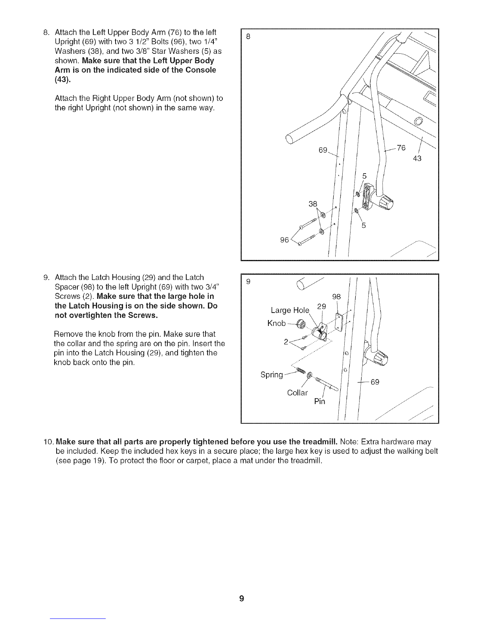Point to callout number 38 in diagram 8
pos(313,204)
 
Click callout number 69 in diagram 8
pos(323,150)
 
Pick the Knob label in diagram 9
pos(276,323)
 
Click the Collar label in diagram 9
pos(297,393)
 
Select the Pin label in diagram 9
pos(320,401)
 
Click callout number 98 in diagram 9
pos(337,297)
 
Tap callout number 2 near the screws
pos(286,341)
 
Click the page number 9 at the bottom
pos(242,598)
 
